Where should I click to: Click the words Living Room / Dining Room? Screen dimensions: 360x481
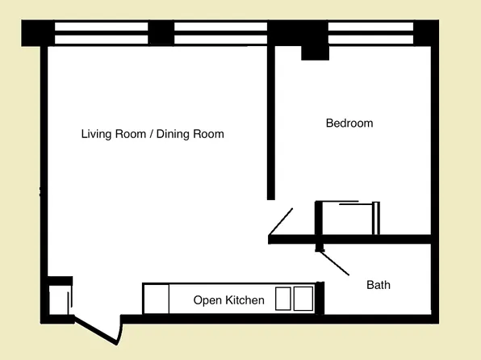pos(153,134)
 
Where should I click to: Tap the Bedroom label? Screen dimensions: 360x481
pos(349,123)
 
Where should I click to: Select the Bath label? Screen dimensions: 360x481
pos(379,285)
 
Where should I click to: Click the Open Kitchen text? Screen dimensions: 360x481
pos(228,300)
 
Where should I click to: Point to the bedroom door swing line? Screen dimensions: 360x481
pos(281,221)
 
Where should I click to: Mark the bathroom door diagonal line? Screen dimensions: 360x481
pos(334,263)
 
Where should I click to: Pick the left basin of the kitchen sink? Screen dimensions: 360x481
pos(283,299)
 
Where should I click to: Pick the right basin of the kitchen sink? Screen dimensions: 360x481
pos(303,299)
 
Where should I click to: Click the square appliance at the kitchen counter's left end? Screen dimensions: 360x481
pos(156,299)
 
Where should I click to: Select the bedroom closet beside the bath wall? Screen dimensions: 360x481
pos(348,218)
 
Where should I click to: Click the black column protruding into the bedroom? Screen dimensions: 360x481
pos(315,51)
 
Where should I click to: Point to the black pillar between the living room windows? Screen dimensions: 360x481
pos(161,33)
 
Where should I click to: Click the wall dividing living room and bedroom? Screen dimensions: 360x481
pos(272,121)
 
